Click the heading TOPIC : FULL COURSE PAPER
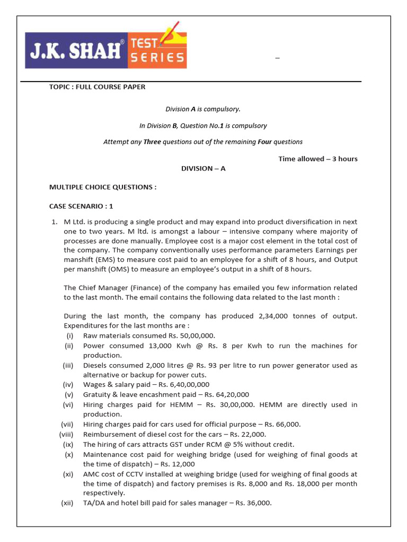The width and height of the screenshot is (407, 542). [97, 87]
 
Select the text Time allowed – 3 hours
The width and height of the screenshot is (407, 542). [318, 159]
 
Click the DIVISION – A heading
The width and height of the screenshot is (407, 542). [203, 168]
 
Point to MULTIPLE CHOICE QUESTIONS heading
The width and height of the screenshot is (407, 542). [103, 187]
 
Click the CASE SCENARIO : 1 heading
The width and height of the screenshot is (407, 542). [81, 206]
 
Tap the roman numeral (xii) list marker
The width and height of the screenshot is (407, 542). [67, 503]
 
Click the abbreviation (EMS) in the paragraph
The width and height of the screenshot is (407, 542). [98, 260]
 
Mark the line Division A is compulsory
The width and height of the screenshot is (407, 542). [203, 109]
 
